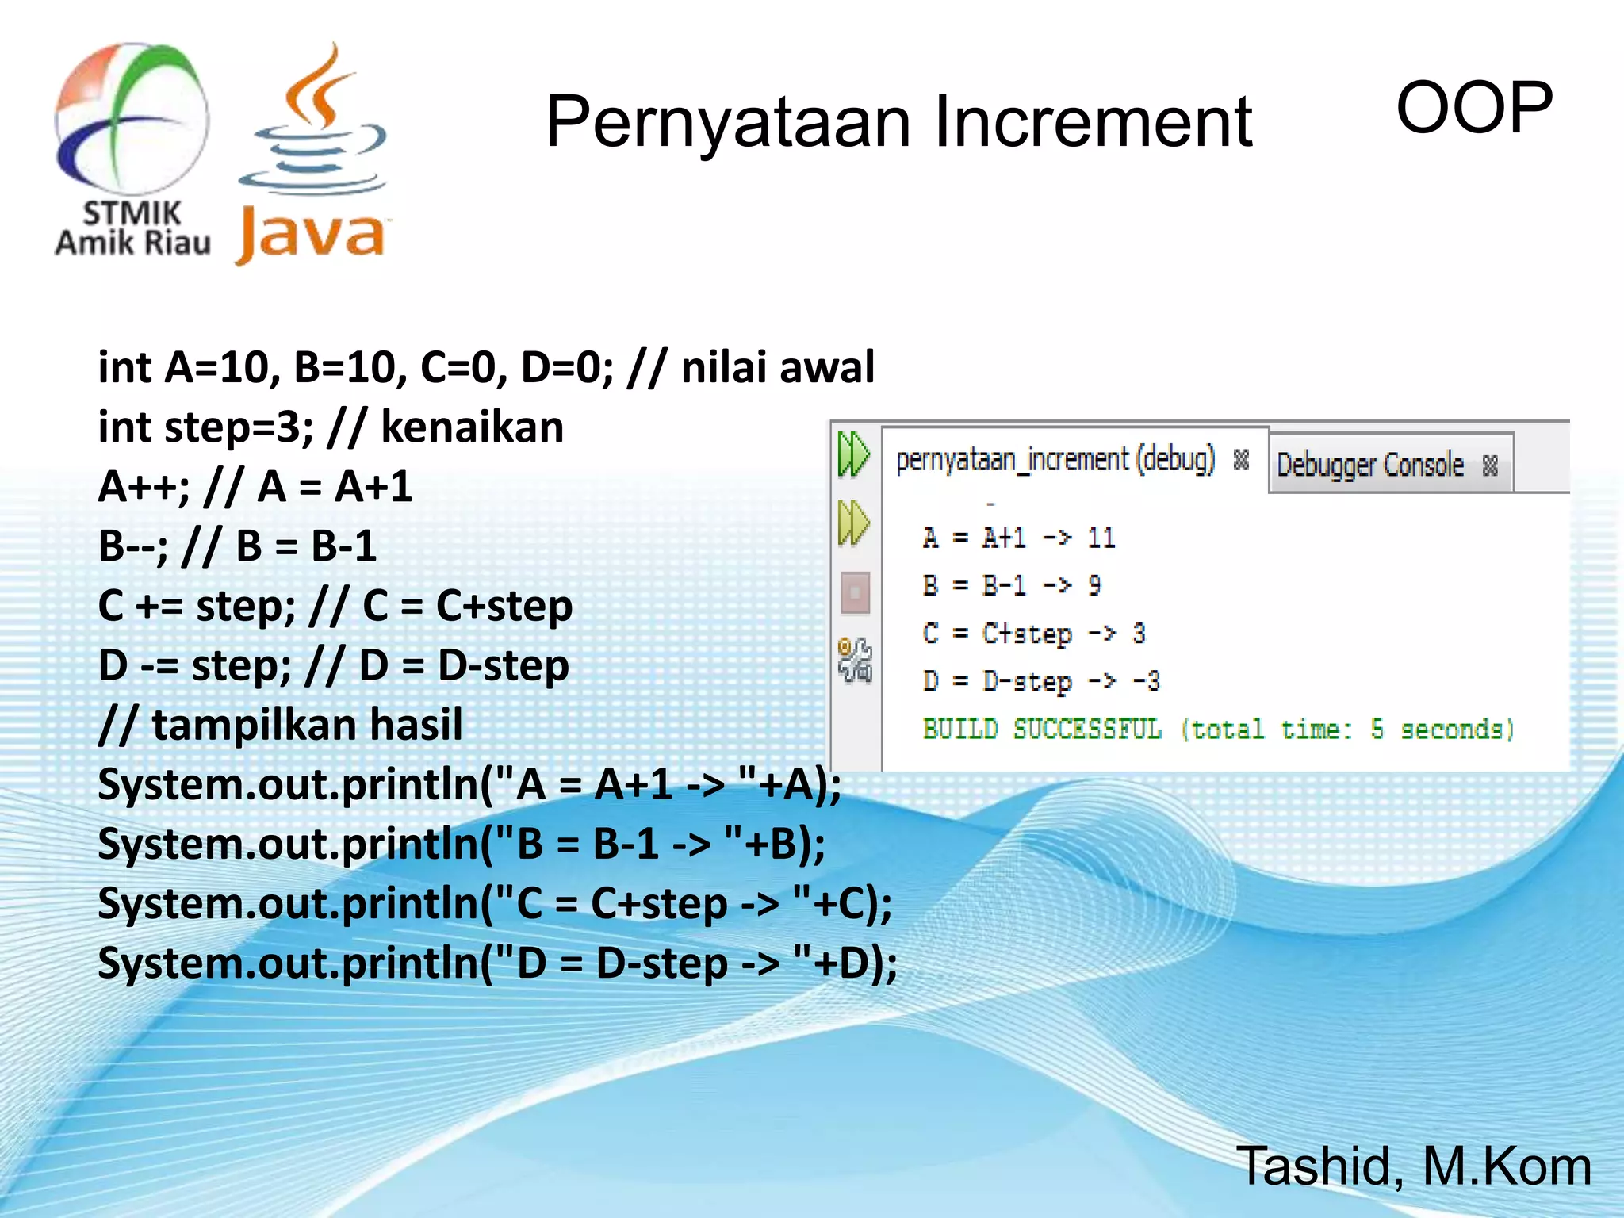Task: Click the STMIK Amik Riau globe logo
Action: click(132, 119)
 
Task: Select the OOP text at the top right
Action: click(1473, 108)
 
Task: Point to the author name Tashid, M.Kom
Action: click(1413, 1166)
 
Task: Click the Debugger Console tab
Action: click(1370, 465)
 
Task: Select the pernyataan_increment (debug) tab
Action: click(1055, 460)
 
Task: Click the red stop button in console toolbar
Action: click(855, 592)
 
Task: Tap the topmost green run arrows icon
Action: click(853, 454)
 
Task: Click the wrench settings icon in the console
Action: click(855, 660)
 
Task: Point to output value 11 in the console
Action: click(1101, 538)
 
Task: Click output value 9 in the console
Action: click(1094, 586)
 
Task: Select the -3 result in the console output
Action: click(1147, 681)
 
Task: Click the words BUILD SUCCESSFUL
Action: click(1042, 729)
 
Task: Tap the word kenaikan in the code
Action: click(473, 427)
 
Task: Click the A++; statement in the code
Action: click(144, 487)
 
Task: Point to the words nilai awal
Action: click(777, 367)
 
